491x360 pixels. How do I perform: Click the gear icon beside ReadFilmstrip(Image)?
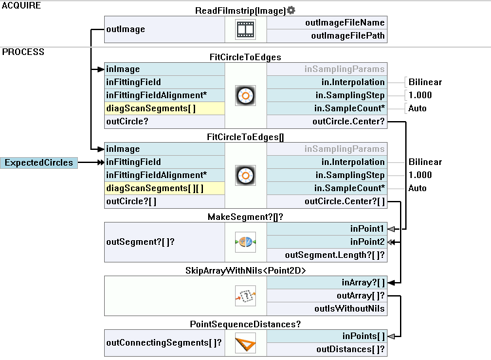(x=291, y=10)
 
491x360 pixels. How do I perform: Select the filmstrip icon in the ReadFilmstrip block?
(x=245, y=29)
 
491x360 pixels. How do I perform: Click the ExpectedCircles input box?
(x=39, y=162)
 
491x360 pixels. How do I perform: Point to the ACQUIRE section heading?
(x=22, y=5)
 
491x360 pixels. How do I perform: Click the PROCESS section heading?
(x=23, y=52)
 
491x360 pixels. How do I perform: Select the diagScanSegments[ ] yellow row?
(x=164, y=109)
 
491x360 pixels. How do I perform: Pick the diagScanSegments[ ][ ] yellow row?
(x=164, y=189)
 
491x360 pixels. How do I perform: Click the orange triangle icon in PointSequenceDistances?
(x=245, y=343)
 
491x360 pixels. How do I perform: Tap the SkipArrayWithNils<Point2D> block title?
(x=245, y=270)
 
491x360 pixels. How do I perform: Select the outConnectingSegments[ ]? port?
(x=164, y=342)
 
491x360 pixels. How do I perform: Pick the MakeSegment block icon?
(x=245, y=242)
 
